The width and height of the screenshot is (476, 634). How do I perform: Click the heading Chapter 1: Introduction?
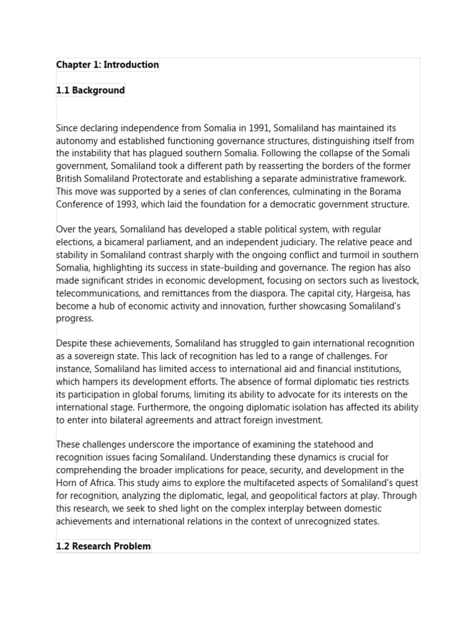click(x=107, y=65)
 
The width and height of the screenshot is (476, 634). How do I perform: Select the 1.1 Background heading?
click(x=90, y=90)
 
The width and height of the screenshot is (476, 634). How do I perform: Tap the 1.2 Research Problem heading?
click(x=104, y=546)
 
